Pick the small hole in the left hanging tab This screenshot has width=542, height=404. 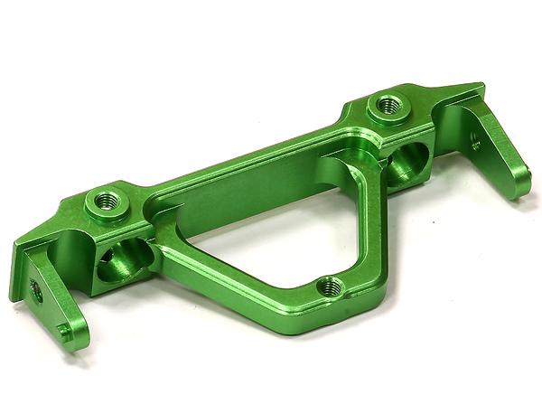click(36, 290)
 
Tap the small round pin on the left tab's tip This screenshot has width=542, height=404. click(62, 330)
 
